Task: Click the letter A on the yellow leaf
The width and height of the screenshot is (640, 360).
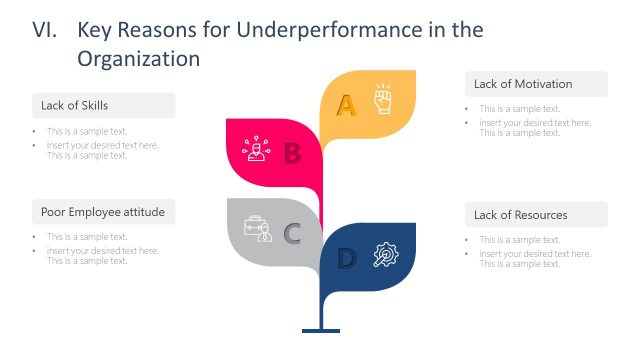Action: [346, 104]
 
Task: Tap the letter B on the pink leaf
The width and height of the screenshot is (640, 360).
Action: [292, 153]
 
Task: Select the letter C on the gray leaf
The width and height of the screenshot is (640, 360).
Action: [292, 234]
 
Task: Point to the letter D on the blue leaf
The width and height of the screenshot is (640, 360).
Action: [346, 259]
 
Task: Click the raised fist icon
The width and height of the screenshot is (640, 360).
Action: [383, 100]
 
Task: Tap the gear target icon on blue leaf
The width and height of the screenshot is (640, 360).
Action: [384, 255]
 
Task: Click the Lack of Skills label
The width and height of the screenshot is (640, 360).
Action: [75, 105]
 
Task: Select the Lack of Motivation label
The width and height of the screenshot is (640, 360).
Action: [523, 84]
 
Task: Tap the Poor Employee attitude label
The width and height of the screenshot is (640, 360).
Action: [102, 212]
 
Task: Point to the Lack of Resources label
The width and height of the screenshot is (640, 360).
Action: [520, 215]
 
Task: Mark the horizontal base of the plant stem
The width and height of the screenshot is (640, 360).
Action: [321, 330]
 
